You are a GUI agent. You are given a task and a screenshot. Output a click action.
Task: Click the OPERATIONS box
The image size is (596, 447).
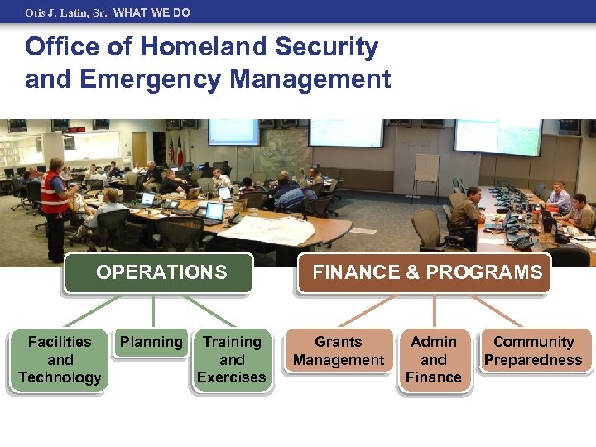coord(161,272)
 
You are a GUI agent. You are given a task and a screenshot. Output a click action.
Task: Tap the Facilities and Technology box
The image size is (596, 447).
coord(60,360)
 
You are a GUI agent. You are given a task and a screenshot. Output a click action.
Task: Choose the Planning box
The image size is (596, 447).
coord(151,343)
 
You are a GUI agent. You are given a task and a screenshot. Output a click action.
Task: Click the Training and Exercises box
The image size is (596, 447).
coord(232,360)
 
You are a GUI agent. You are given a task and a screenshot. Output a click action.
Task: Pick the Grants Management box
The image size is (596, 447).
coord(339,351)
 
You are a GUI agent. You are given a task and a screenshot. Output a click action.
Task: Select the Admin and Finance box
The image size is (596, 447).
coord(434,360)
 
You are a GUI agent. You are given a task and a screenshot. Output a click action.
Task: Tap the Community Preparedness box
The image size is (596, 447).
coord(533,351)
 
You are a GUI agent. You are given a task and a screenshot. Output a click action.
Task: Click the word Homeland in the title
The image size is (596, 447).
coord(204,47)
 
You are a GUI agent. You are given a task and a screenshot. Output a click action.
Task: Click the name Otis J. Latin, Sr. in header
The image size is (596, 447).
coord(65,12)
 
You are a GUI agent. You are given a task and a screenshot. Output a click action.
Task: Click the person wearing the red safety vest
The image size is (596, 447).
coord(55,199)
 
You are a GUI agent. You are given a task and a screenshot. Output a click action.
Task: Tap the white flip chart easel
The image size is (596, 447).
coord(426,170)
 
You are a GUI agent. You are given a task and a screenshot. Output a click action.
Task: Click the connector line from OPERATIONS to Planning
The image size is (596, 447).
coord(153,310)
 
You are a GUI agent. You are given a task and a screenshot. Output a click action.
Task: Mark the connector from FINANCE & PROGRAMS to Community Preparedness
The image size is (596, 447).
coord(499,310)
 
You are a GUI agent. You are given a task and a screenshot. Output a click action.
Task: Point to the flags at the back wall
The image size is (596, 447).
coord(176,149)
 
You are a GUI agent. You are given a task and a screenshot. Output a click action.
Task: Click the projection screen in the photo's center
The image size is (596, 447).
coord(345,132)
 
